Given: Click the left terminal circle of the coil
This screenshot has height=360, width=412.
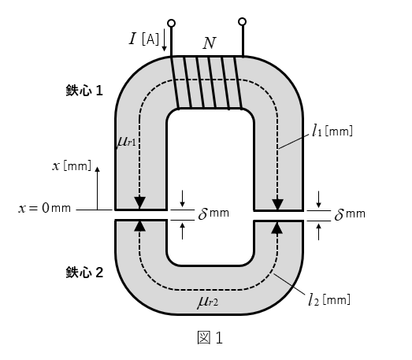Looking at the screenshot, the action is click(171, 24).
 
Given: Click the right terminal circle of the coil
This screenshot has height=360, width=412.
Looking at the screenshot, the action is click(243, 21).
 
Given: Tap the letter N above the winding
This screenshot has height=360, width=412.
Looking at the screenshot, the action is click(210, 43).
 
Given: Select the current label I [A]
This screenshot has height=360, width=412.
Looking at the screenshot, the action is click(144, 39).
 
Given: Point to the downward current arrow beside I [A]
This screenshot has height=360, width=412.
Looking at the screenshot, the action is click(164, 40).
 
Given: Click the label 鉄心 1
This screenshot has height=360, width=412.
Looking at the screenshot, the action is click(84, 91).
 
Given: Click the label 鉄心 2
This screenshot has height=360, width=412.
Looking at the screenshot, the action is click(84, 273).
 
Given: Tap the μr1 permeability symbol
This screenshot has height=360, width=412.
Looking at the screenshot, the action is click(126, 142).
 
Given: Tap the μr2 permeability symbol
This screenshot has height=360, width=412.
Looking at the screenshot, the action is click(208, 302).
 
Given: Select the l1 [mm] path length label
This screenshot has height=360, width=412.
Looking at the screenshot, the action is click(332, 131).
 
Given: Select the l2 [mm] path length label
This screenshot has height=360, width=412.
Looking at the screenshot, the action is click(329, 299).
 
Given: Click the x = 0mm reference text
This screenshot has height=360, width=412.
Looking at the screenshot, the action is click(45, 208).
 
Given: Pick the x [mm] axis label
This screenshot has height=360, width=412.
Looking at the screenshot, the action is click(72, 166).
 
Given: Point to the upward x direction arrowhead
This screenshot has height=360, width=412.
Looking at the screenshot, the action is click(98, 169).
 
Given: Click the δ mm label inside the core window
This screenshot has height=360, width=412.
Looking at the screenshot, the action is click(213, 213).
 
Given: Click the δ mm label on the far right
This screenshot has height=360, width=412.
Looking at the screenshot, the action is click(350, 214).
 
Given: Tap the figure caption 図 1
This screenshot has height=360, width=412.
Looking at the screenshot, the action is click(210, 338).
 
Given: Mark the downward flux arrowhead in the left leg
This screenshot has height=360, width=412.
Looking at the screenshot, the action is click(139, 203).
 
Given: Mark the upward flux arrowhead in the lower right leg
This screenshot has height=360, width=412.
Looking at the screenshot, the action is click(277, 228).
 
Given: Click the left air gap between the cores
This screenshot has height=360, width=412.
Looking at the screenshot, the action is click(141, 215).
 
